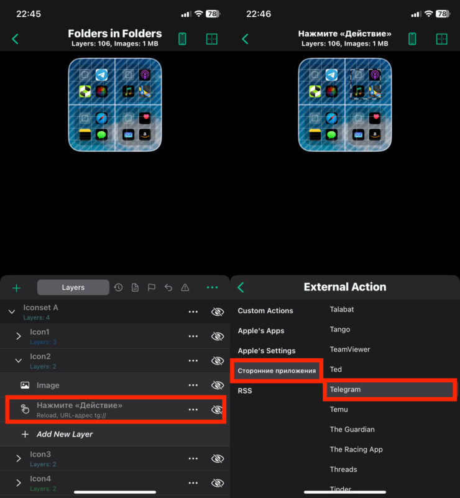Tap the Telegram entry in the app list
click(345, 389)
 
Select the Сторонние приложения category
click(277, 371)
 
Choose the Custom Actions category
click(265, 311)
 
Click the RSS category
click(245, 390)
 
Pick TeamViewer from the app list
click(350, 349)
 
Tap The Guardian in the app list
click(352, 430)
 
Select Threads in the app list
click(343, 469)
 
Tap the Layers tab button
click(73, 287)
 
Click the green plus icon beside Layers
click(17, 288)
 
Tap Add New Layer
click(65, 434)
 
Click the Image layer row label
click(48, 385)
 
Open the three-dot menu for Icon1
click(193, 336)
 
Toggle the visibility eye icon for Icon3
click(218, 458)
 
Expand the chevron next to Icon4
click(19, 482)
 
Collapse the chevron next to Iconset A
click(12, 311)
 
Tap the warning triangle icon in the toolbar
click(185, 288)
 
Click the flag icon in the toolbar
click(152, 288)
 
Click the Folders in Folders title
click(115, 34)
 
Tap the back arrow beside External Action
click(241, 287)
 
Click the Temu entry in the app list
click(339, 409)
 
